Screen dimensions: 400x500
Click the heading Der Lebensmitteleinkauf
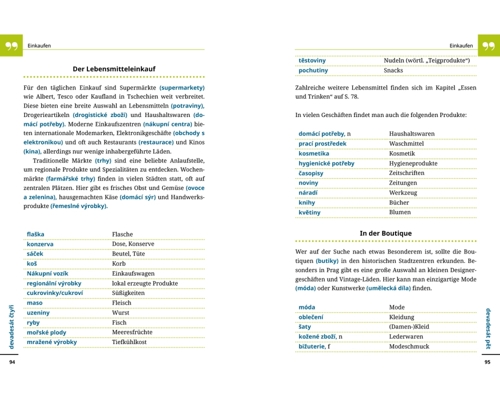(114, 69)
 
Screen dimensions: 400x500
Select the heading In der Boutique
(385, 233)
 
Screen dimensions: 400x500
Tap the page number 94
(12, 362)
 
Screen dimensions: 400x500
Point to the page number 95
(487, 362)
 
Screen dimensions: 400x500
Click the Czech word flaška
(35, 234)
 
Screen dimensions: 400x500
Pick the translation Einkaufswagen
(133, 273)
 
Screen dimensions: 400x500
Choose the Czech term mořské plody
(46, 332)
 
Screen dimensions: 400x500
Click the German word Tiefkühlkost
(129, 342)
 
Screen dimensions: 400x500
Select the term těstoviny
(312, 60)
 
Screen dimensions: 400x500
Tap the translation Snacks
(393, 70)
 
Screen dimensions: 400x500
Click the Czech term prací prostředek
(322, 143)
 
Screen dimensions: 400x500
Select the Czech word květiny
(309, 212)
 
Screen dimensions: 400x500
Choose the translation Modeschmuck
(409, 346)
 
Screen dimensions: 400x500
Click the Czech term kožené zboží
(317, 336)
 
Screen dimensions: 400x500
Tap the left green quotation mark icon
(11, 46)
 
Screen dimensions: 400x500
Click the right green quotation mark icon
(488, 46)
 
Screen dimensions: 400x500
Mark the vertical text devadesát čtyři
(11, 326)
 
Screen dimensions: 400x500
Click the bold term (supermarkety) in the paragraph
(182, 87)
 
